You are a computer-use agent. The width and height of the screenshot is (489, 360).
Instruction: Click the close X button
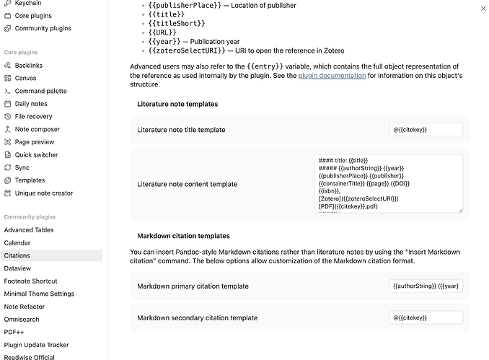483,9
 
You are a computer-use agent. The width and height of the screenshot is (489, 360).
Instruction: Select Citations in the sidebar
17,255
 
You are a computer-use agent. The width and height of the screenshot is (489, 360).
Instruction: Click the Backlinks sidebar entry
29,66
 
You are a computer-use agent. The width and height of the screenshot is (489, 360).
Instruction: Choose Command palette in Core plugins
40,91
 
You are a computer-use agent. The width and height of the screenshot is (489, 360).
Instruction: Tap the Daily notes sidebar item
31,104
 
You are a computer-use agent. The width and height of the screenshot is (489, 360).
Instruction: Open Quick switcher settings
36,155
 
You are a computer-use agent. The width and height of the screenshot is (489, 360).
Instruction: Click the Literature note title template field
426,130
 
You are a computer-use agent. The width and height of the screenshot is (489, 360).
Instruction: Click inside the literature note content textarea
388,183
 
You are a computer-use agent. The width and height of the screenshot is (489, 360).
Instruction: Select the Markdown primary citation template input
426,286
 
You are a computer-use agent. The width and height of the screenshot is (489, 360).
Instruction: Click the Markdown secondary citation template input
426,317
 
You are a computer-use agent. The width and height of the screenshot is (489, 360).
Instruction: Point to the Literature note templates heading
177,104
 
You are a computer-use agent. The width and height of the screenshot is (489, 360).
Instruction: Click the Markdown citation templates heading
183,236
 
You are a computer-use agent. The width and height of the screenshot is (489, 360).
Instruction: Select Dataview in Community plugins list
18,268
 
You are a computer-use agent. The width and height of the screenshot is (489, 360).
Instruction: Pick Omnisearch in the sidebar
22,320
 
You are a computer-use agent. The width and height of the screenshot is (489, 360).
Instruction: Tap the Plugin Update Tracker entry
36,345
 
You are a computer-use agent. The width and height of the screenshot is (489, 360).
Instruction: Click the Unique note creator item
43,193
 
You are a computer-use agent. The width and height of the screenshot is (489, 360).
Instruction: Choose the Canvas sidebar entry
25,78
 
